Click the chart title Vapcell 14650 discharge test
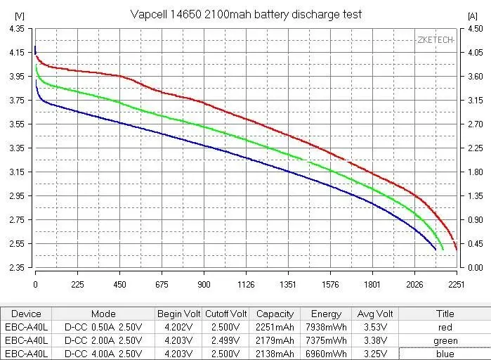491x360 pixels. click(x=246, y=14)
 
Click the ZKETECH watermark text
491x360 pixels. click(x=435, y=39)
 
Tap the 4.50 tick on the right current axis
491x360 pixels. click(x=475, y=28)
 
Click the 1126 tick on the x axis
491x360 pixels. click(x=246, y=285)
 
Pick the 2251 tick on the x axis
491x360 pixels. click(x=457, y=285)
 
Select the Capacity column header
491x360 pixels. click(x=275, y=314)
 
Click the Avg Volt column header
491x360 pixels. click(x=374, y=314)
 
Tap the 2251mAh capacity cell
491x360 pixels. click(x=275, y=328)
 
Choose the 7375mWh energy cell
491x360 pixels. click(x=326, y=341)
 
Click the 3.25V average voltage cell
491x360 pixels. click(x=374, y=354)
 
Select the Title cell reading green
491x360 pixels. click(x=445, y=341)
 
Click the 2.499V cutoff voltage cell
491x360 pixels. click(x=225, y=341)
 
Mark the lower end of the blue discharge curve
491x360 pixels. click(x=436, y=250)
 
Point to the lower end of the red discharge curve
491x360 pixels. click(x=456, y=250)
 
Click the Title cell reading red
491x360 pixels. click(x=445, y=328)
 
